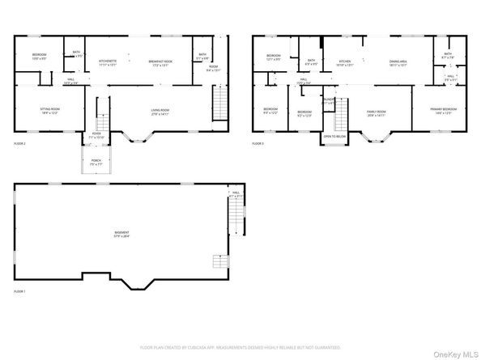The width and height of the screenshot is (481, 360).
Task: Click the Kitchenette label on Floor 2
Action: (108, 63)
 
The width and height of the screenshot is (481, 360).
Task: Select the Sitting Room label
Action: (51, 111)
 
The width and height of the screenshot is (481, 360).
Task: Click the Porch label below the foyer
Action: (96, 162)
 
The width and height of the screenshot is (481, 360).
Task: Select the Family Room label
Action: (377, 113)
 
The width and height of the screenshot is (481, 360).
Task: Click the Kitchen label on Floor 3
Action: (344, 63)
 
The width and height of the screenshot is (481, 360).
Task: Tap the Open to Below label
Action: (334, 138)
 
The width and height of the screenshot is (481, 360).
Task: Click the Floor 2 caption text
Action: (19, 144)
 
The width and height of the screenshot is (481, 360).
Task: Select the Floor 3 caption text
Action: (258, 144)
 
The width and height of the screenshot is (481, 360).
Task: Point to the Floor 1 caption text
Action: (19, 291)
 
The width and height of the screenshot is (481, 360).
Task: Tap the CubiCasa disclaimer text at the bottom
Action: (240, 347)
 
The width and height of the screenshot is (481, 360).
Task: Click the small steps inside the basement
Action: (219, 260)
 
